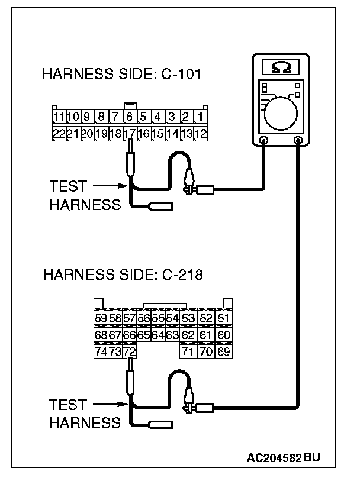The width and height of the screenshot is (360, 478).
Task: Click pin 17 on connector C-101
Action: pyautogui.click(x=130, y=134)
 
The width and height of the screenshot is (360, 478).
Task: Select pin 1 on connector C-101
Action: pyautogui.click(x=201, y=117)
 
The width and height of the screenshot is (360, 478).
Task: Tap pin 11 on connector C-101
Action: pyautogui.click(x=59, y=117)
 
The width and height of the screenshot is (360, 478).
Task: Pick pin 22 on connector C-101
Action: pyautogui.click(x=59, y=134)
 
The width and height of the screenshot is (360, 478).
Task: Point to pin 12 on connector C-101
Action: pyautogui.click(x=201, y=134)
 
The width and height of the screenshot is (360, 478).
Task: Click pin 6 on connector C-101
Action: pyautogui.click(x=130, y=117)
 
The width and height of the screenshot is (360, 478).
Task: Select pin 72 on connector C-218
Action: pyautogui.click(x=129, y=352)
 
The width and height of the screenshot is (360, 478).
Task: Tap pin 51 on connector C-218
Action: pyautogui.click(x=223, y=319)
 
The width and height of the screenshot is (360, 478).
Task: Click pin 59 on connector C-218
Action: pyautogui.click(x=101, y=319)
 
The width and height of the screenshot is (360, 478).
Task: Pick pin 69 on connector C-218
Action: pyautogui.click(x=223, y=352)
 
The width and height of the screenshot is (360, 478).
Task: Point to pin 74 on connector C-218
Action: pyautogui.click(x=101, y=352)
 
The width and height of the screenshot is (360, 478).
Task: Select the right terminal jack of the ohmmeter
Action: pyautogui.click(x=298, y=141)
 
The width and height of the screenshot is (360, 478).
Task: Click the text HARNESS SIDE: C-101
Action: pyautogui.click(x=121, y=75)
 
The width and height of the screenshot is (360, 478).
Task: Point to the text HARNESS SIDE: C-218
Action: pyautogui.click(x=123, y=275)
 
